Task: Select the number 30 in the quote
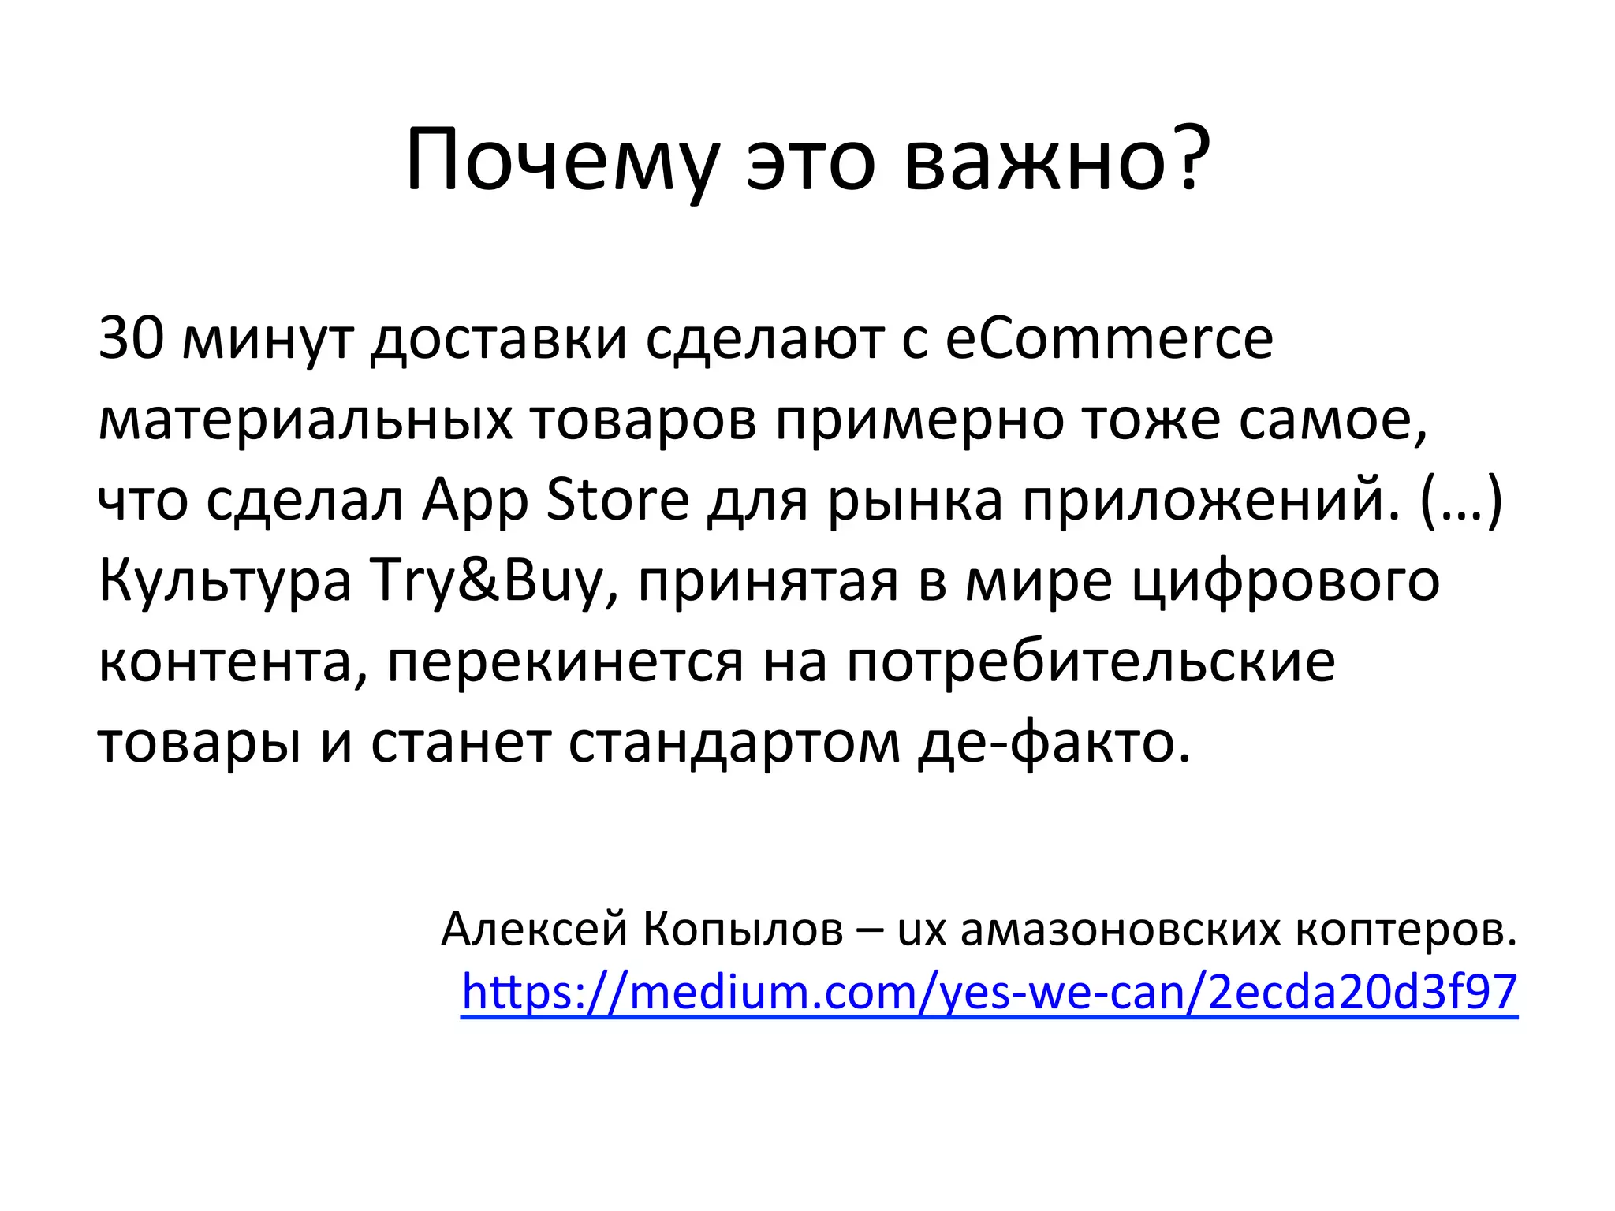(131, 337)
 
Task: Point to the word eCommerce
(1109, 337)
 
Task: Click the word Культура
(225, 582)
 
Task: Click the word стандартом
(734, 743)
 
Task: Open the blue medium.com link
(989, 992)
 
